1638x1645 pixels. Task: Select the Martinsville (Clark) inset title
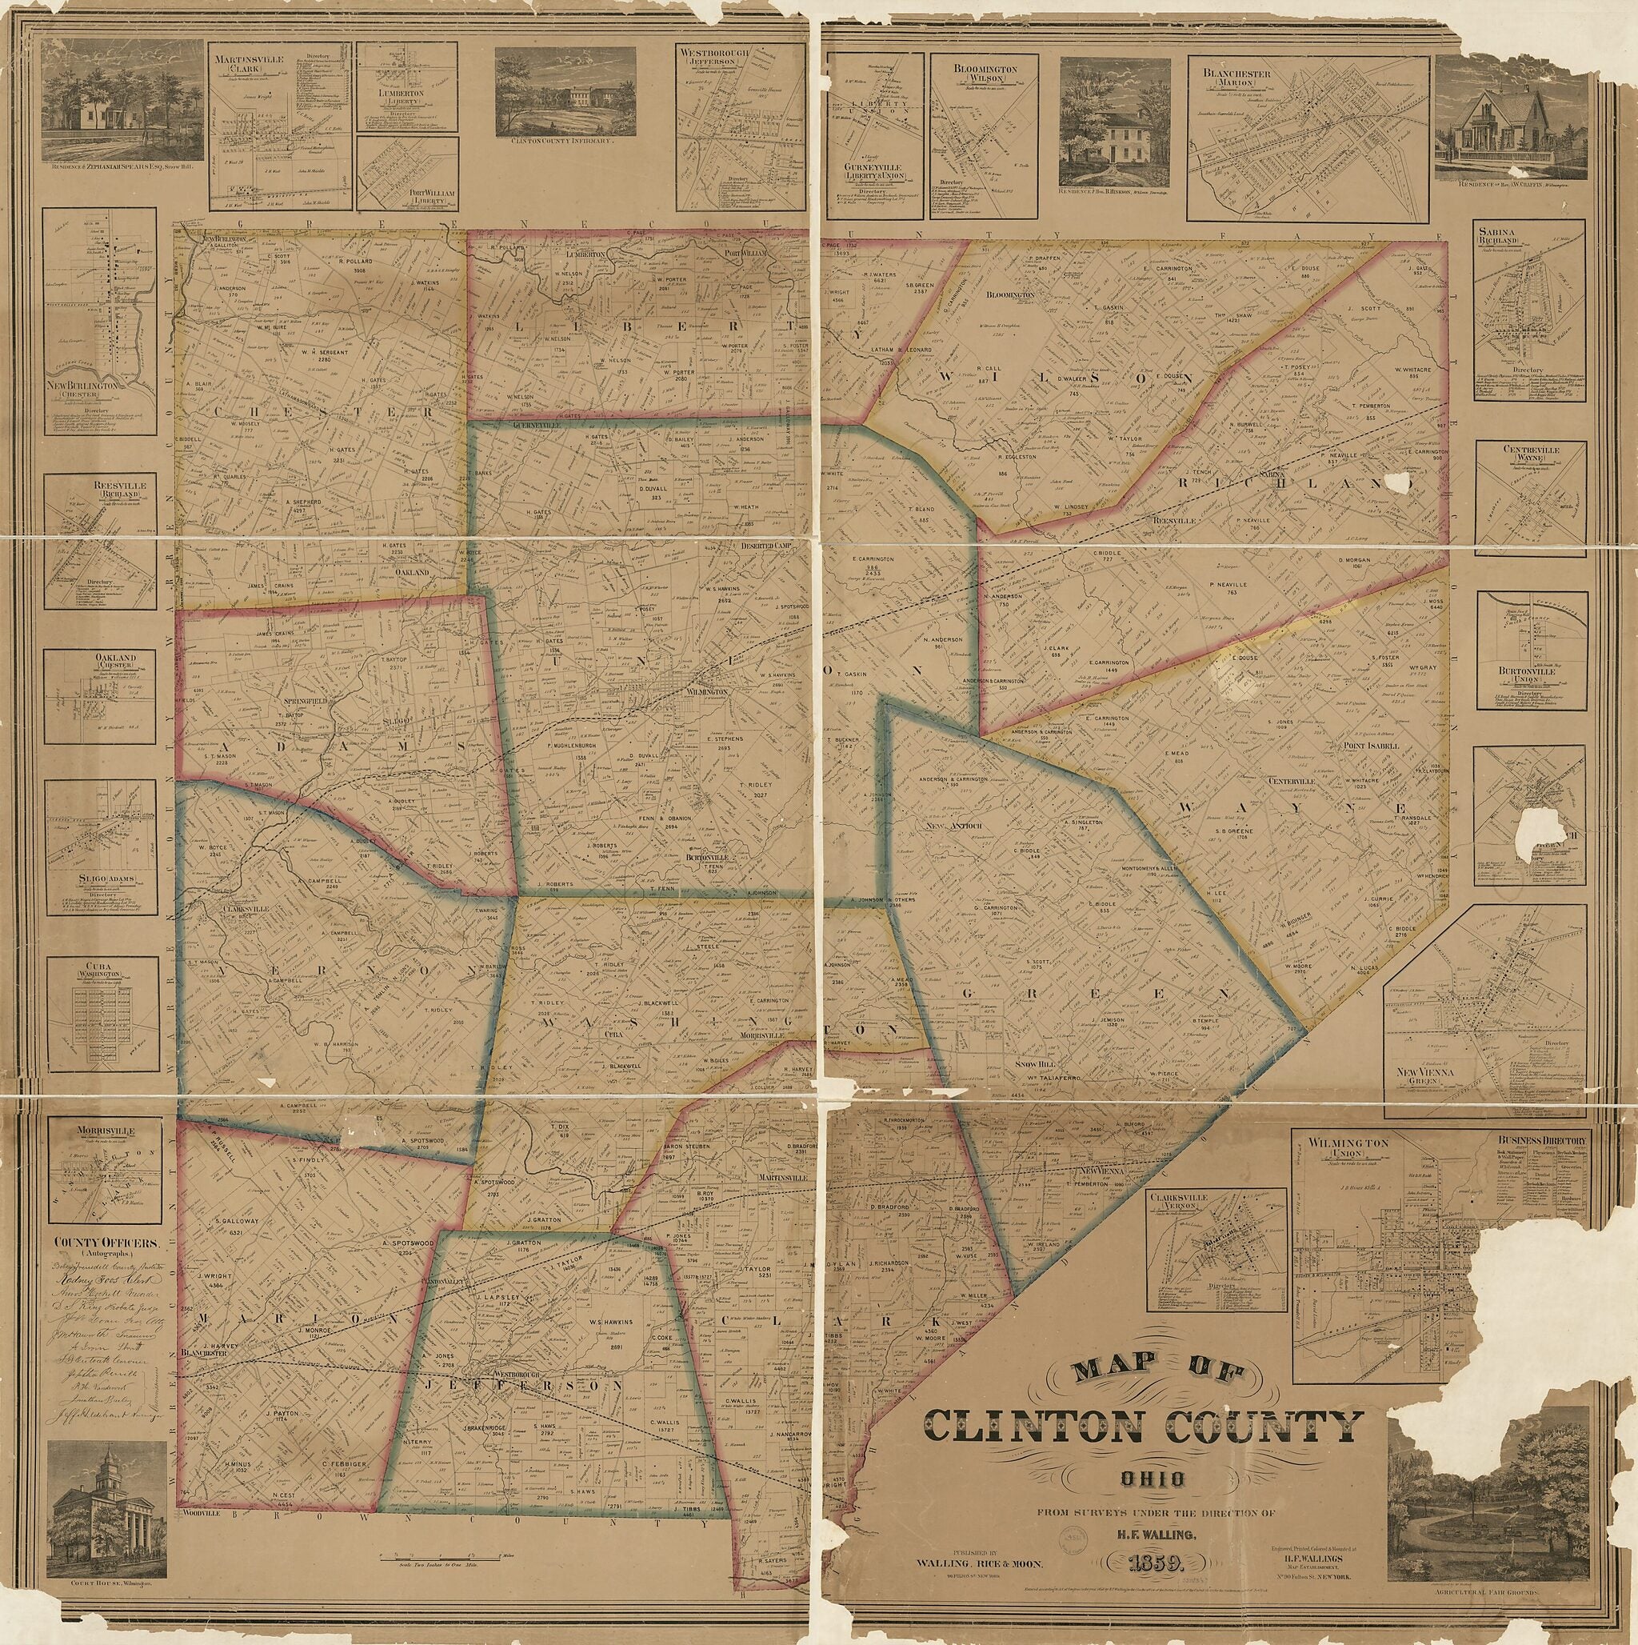[253, 65]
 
